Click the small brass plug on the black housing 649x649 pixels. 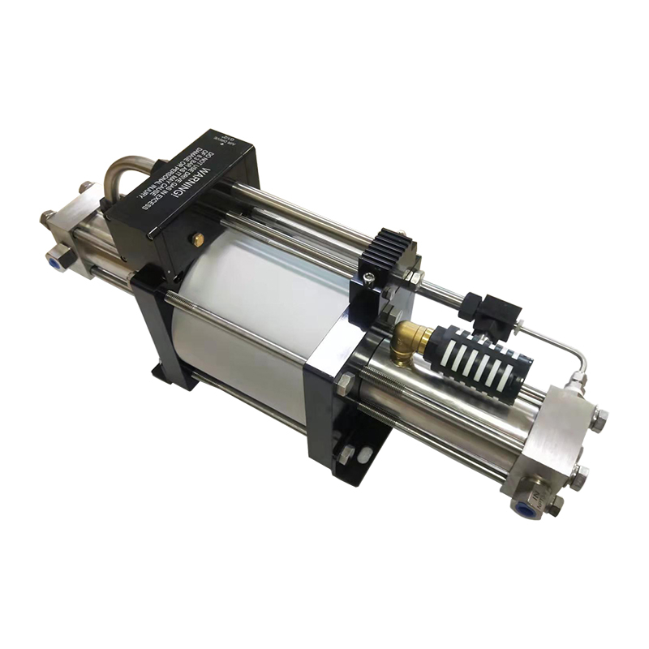click(x=197, y=239)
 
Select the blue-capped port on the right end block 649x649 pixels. click(x=525, y=507)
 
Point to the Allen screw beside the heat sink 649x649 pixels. click(x=368, y=278)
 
